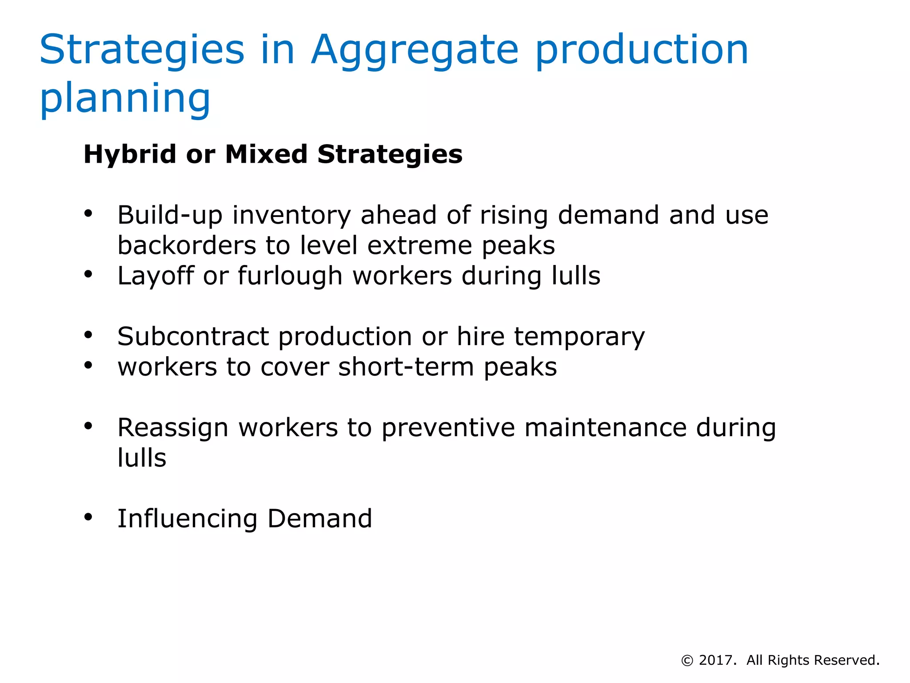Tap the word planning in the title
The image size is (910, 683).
pos(125,99)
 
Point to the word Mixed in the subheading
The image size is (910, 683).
pos(266,154)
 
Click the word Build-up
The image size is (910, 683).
pos(170,216)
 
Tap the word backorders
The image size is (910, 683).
pos(187,245)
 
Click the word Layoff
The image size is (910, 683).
pos(156,276)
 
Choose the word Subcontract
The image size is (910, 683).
pos(193,337)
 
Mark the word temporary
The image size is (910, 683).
pos(579,337)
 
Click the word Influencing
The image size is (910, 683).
pos(187,519)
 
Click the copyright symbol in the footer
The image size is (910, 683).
pos(687,661)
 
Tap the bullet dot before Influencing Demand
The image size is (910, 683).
pos(88,517)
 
